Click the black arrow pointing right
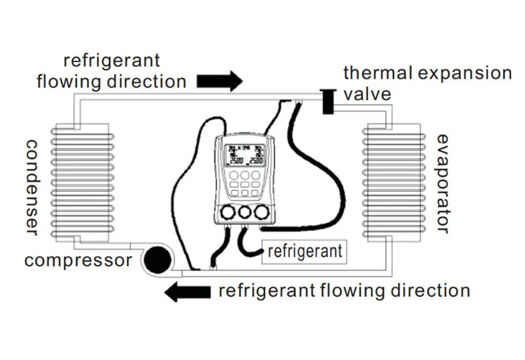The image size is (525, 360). tap(220, 81)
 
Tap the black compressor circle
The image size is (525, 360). tap(158, 259)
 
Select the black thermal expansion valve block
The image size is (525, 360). tap(327, 100)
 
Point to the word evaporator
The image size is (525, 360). tap(442, 184)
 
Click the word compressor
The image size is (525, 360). tap(77, 260)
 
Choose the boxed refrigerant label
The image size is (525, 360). tap(304, 251)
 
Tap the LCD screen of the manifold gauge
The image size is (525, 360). tap(242, 156)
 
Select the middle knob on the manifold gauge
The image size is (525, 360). tap(244, 212)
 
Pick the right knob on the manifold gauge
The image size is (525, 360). tap(262, 212)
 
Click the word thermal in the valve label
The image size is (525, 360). tap(371, 73)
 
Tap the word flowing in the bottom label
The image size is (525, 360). tap(353, 291)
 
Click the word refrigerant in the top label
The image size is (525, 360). tap(112, 61)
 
